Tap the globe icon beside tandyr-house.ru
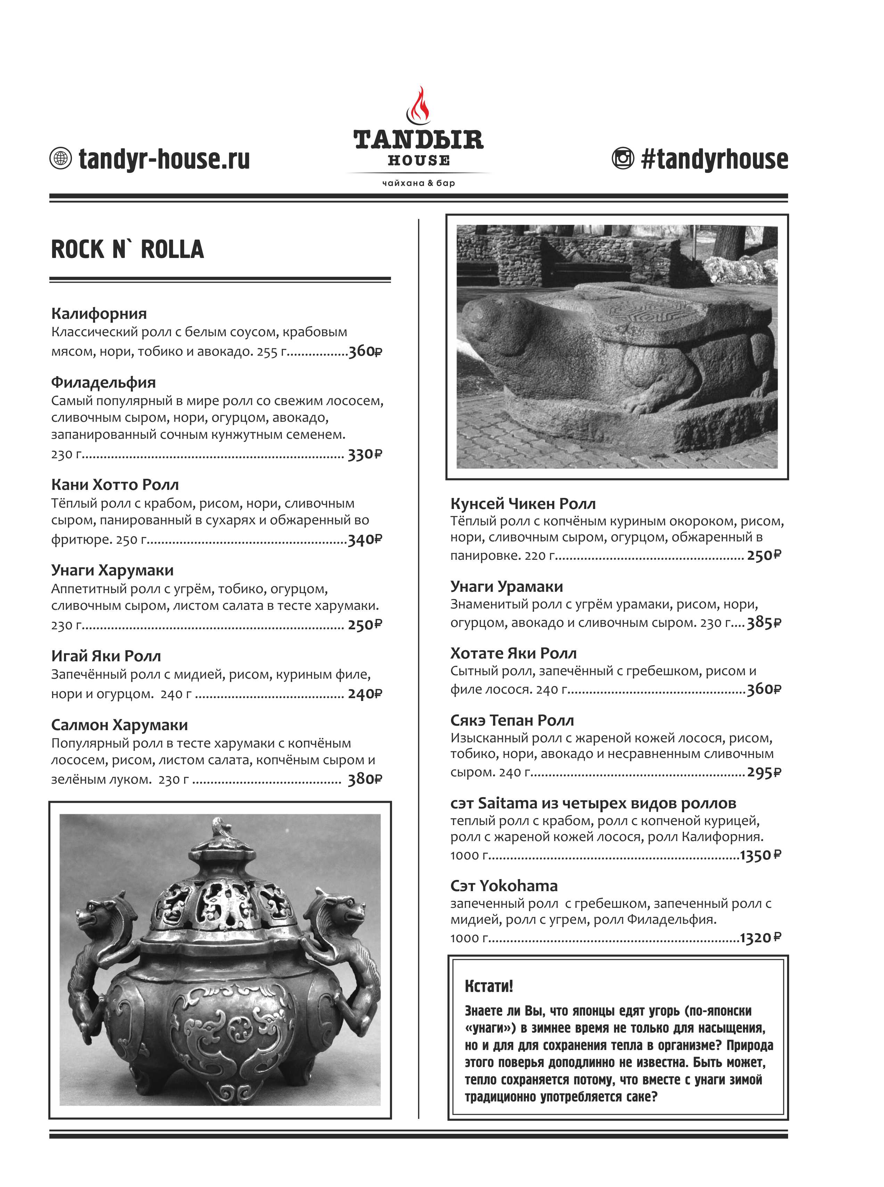tap(60, 159)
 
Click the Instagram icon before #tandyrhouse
tap(622, 159)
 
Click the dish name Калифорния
tap(99, 314)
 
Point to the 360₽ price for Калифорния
tap(365, 352)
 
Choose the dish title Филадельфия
tap(103, 382)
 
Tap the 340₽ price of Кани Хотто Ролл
tap(365, 540)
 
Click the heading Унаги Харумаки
tap(112, 570)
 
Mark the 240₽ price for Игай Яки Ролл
tap(365, 694)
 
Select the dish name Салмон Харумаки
tap(119, 725)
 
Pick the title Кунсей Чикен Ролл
tap(523, 504)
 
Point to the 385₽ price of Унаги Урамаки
tap(764, 623)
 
